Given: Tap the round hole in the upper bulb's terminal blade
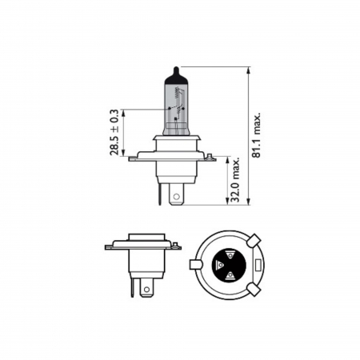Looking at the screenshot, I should click(x=177, y=192).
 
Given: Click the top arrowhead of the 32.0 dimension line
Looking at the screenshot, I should click(x=228, y=159).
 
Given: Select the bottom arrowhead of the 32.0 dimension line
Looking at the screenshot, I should click(x=228, y=202).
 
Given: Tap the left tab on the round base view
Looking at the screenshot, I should click(x=195, y=262).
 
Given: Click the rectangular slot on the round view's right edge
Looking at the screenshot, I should click(x=261, y=263).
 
